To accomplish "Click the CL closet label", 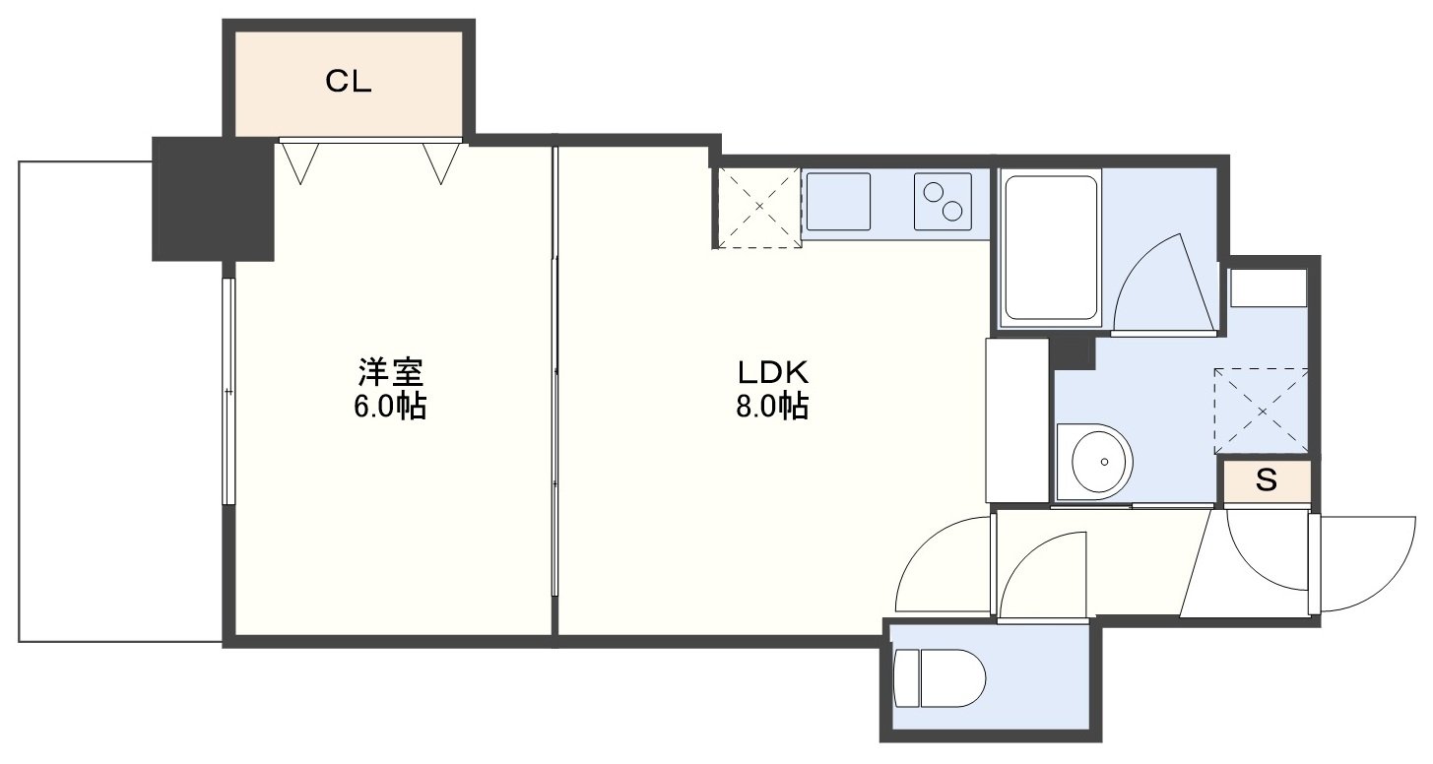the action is pyautogui.click(x=348, y=82).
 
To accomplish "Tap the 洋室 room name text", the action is pyautogui.click(x=390, y=372).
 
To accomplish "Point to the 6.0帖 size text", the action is pyautogui.click(x=390, y=406).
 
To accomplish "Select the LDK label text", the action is pyautogui.click(x=773, y=372).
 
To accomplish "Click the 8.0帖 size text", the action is pyautogui.click(x=772, y=406).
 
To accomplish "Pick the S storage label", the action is pyautogui.click(x=1267, y=479).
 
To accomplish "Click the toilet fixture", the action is pyautogui.click(x=940, y=678).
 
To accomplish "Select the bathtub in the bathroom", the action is pyautogui.click(x=1050, y=248).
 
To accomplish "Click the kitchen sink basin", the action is pyautogui.click(x=838, y=202).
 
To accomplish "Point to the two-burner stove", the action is pyautogui.click(x=943, y=202).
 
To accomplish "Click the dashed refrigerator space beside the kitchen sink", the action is pyautogui.click(x=758, y=207).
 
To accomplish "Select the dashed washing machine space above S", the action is pyautogui.click(x=1262, y=412).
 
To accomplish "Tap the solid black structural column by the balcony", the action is pyautogui.click(x=213, y=200).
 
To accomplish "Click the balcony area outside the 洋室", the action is pyautogui.click(x=120, y=402).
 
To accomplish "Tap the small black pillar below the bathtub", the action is pyautogui.click(x=1074, y=353).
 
